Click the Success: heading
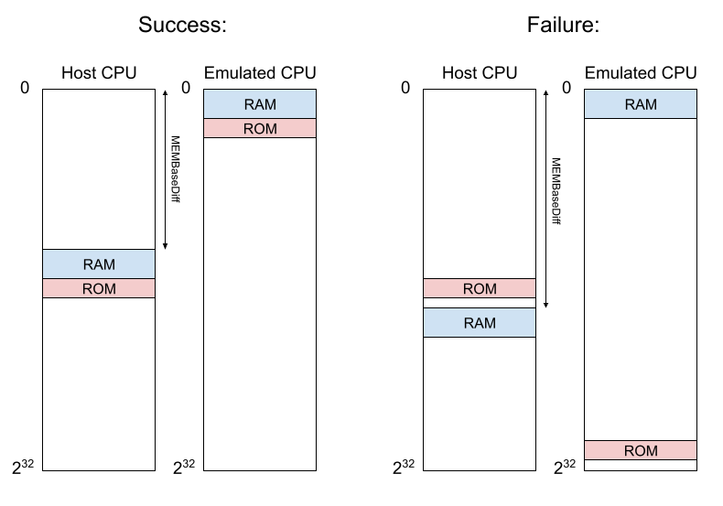(x=183, y=25)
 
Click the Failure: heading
(x=563, y=25)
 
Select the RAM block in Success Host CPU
(x=99, y=264)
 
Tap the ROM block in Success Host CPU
(x=99, y=288)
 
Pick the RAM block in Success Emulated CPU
(x=260, y=104)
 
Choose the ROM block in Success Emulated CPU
(x=260, y=129)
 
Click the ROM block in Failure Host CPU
(x=480, y=288)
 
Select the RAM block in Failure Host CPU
(x=480, y=323)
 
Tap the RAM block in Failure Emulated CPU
(x=641, y=104)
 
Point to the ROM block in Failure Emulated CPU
(x=641, y=450)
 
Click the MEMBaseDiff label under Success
(x=175, y=169)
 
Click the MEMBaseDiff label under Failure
(x=556, y=191)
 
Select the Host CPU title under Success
(x=99, y=73)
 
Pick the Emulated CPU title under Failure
(x=641, y=73)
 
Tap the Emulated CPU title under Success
(x=260, y=73)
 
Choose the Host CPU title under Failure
(x=480, y=73)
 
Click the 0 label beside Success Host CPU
(x=25, y=88)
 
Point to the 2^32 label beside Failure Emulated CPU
(x=565, y=468)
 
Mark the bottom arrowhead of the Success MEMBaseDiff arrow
(x=165, y=247)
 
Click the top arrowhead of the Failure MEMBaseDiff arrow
(x=546, y=92)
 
